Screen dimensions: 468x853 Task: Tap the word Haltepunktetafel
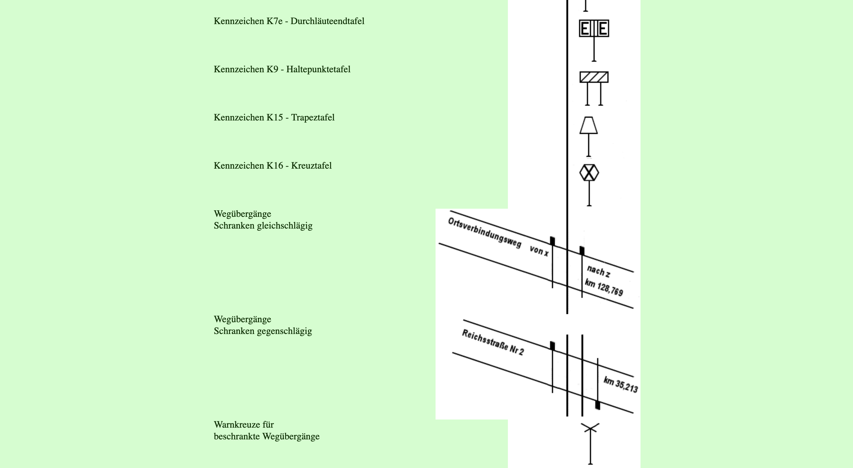pyautogui.click(x=318, y=70)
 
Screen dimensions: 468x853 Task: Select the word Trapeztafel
pyautogui.click(x=313, y=118)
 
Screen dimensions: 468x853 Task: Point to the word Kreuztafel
pyautogui.click(x=311, y=166)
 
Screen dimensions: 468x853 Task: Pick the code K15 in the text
pyautogui.click(x=275, y=118)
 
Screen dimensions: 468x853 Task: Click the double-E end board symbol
pyautogui.click(x=594, y=28)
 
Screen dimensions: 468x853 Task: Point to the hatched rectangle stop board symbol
pyautogui.click(x=594, y=77)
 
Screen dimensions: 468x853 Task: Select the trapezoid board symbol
pyautogui.click(x=588, y=125)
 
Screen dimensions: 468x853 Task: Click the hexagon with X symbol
pyautogui.click(x=589, y=173)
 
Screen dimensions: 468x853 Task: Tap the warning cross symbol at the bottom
pyautogui.click(x=590, y=429)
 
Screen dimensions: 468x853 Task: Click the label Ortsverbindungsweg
pyautogui.click(x=484, y=232)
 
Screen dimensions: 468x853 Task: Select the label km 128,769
pyautogui.click(x=604, y=287)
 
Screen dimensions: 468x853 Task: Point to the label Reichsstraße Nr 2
pyautogui.click(x=493, y=342)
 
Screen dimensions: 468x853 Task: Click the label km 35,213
pyautogui.click(x=620, y=385)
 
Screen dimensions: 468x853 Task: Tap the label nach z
pyautogui.click(x=598, y=272)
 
